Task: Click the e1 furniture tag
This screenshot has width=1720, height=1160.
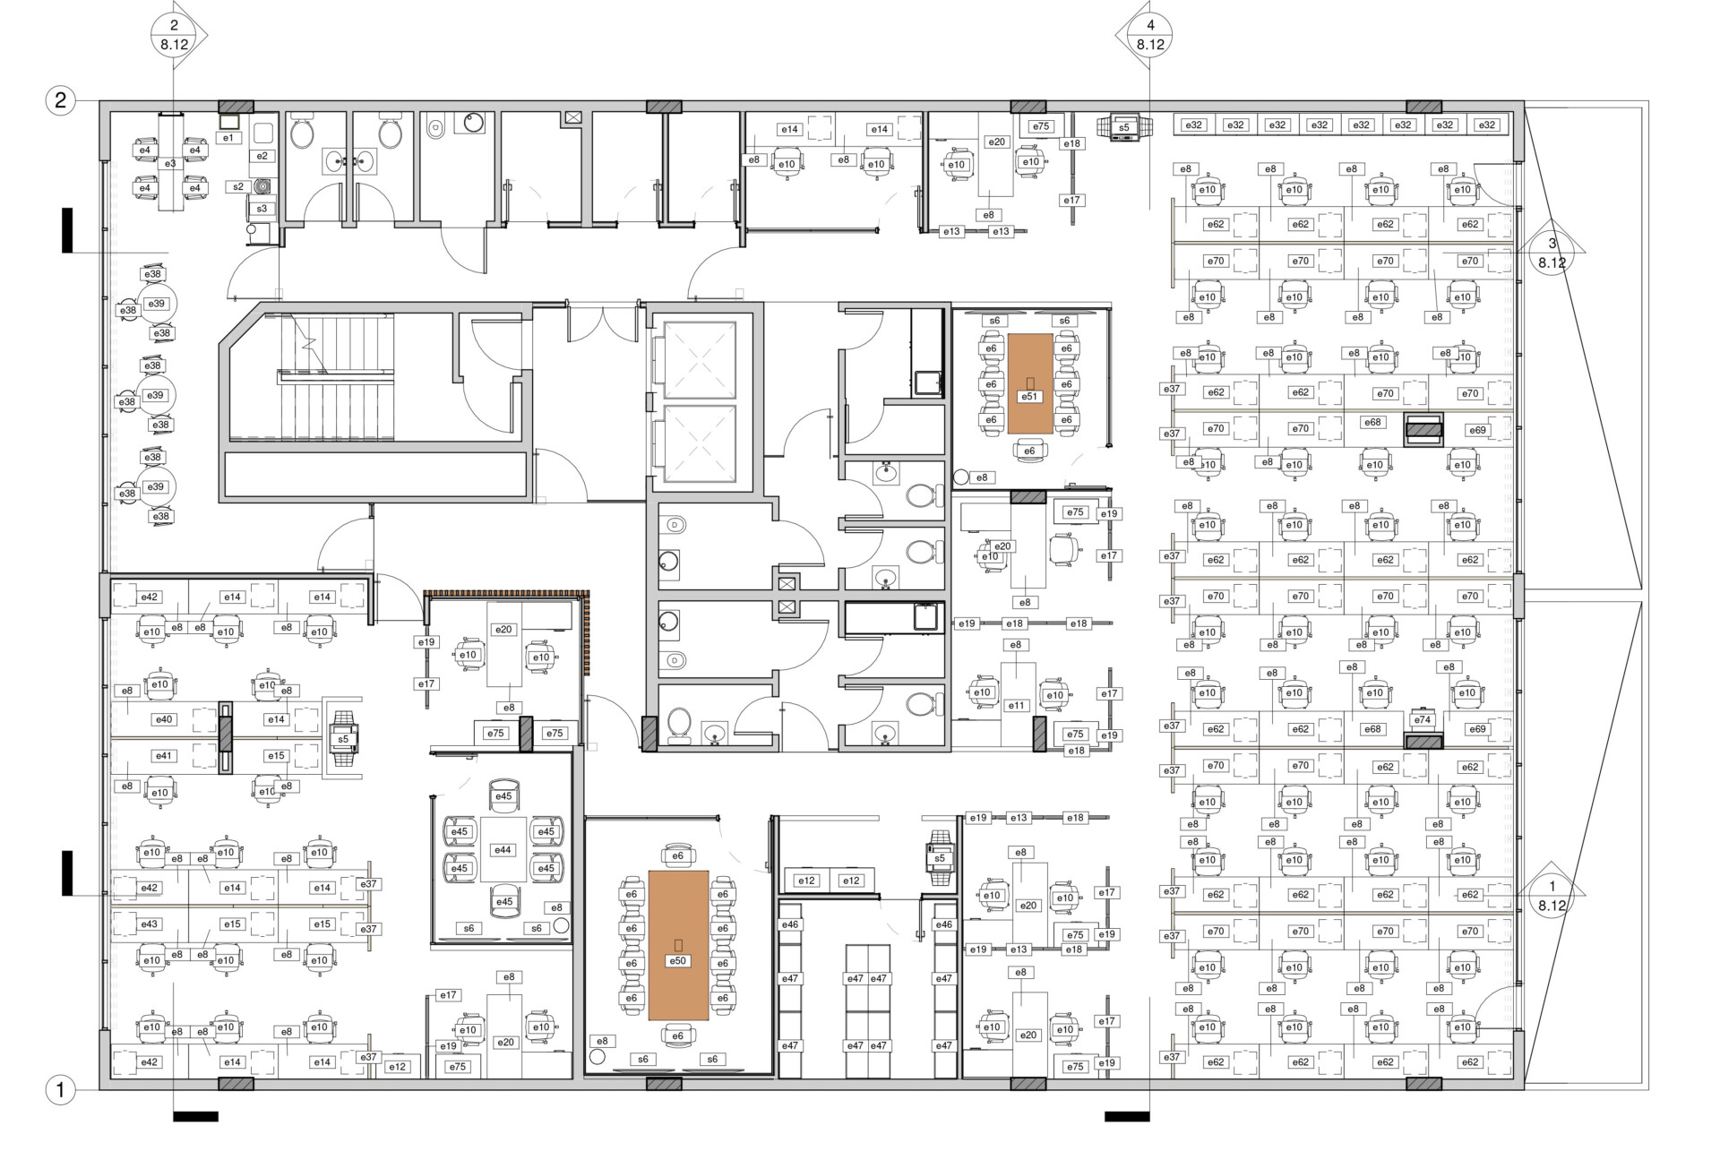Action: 228,138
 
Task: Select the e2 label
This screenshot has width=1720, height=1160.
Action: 262,156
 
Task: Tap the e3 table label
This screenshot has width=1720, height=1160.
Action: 170,164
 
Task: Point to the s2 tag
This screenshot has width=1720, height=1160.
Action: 238,187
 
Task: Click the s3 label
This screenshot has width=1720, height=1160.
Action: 262,209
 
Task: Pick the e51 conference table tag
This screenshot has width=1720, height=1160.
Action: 1029,396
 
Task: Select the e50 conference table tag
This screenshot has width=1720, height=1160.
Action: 678,960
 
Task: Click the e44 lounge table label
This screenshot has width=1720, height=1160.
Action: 503,850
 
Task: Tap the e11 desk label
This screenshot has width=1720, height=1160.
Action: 1016,706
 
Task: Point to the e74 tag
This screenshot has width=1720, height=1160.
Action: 1422,720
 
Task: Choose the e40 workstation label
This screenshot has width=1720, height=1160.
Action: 164,719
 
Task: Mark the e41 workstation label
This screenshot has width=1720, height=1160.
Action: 164,756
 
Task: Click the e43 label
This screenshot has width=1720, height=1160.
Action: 150,924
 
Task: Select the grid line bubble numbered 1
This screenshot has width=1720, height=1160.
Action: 61,1091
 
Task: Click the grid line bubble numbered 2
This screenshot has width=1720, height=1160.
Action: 61,99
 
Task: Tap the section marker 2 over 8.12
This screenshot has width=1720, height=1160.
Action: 175,35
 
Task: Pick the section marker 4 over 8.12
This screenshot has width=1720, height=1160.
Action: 1150,35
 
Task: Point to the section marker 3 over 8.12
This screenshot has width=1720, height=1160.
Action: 1552,253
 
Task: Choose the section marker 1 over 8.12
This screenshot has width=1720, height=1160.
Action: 1552,895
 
